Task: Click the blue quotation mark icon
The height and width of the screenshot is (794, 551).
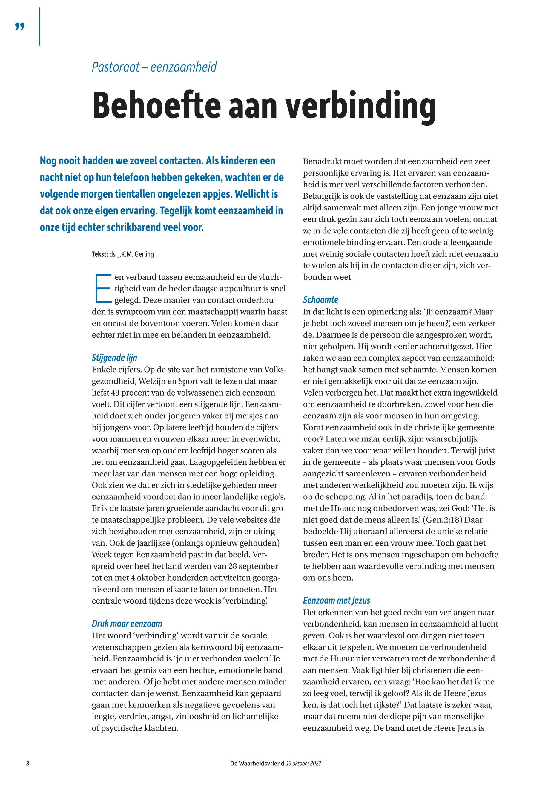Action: tap(20, 27)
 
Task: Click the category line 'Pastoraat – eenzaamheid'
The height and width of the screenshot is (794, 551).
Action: tap(154, 67)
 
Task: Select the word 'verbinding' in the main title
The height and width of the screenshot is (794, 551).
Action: tap(359, 104)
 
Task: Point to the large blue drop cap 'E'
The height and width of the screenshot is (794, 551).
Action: tap(102, 288)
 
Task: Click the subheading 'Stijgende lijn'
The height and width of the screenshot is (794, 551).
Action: tap(114, 358)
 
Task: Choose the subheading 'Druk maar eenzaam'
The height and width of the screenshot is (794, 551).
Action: tap(127, 624)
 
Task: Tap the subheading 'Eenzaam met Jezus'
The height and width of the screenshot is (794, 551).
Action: tap(336, 600)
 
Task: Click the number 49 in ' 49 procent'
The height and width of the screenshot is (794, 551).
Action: tap(111, 393)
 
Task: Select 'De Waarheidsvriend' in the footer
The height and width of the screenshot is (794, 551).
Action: tap(257, 773)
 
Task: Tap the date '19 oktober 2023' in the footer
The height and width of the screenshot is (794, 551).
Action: tap(303, 773)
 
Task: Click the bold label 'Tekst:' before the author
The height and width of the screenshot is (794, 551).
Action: tap(100, 255)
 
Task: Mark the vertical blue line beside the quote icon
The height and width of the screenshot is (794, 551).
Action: tap(40, 27)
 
